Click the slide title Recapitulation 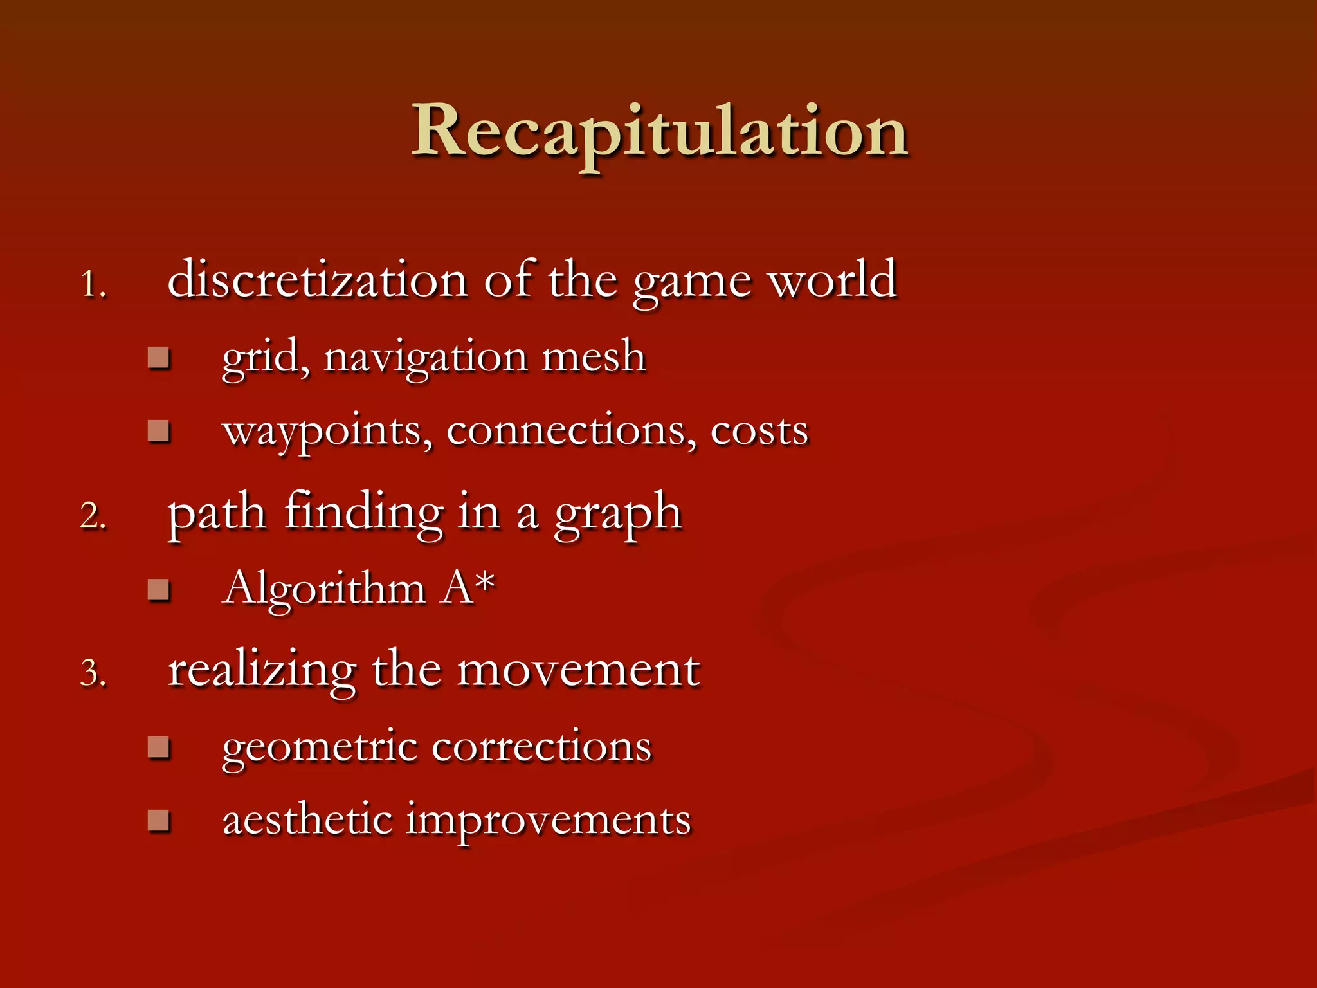pyautogui.click(x=659, y=132)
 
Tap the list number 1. pyautogui.click(x=93, y=284)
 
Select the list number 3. pyautogui.click(x=93, y=673)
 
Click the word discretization pyautogui.click(x=317, y=280)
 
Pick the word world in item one pyautogui.click(x=833, y=280)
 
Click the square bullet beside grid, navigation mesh pyautogui.click(x=158, y=358)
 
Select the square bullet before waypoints pyautogui.click(x=158, y=430)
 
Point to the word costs pyautogui.click(x=759, y=432)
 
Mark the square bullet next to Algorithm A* pyautogui.click(x=158, y=589)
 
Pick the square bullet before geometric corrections pyautogui.click(x=158, y=747)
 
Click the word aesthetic pyautogui.click(x=307, y=821)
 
